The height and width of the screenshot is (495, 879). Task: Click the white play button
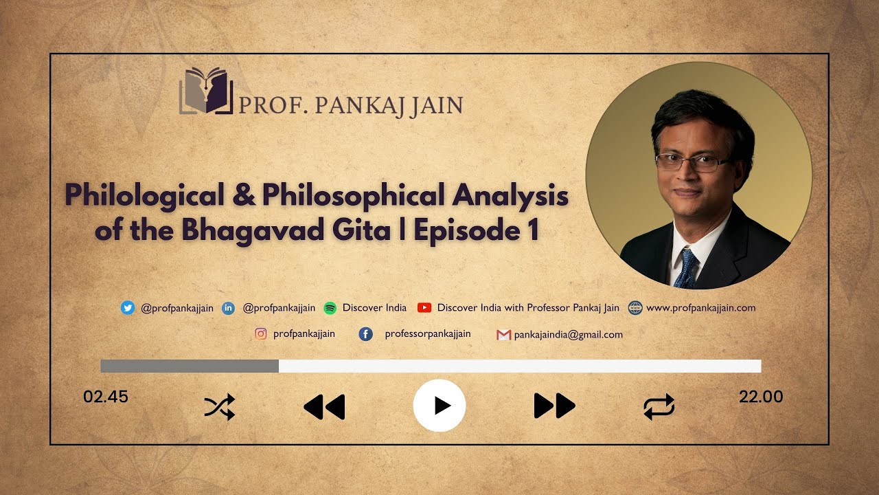(x=439, y=406)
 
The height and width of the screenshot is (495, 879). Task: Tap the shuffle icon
(x=220, y=407)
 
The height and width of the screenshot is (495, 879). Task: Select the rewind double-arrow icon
(x=324, y=407)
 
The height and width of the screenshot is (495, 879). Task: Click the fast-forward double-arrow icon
(x=554, y=406)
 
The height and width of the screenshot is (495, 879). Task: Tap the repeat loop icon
(x=659, y=407)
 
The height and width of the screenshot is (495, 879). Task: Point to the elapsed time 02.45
(x=106, y=397)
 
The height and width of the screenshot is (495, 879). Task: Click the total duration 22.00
(x=761, y=397)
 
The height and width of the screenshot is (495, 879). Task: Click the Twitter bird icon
(x=127, y=308)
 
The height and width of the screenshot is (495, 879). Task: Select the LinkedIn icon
(x=229, y=308)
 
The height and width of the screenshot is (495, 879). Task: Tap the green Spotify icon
(x=330, y=308)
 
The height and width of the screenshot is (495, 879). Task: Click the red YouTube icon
(x=424, y=308)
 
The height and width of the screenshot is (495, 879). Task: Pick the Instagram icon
(x=261, y=334)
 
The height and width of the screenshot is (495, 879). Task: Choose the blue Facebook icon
(x=366, y=334)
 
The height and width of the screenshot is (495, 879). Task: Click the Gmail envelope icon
(x=503, y=335)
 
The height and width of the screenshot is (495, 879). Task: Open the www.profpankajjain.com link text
(x=700, y=308)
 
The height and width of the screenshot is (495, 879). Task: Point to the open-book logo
(x=206, y=91)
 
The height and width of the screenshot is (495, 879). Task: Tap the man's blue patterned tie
(x=685, y=268)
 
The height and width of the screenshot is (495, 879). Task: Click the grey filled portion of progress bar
(x=190, y=366)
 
